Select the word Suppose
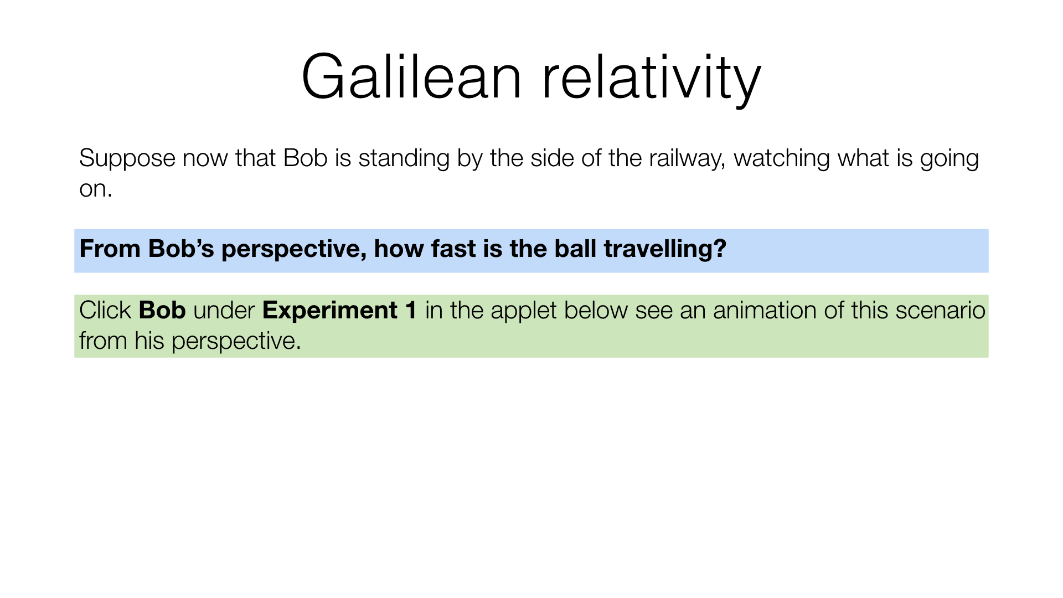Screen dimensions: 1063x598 pyautogui.click(x=127, y=159)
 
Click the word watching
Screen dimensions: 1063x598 pyautogui.click(x=782, y=159)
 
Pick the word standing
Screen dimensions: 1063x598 pyautogui.click(x=404, y=159)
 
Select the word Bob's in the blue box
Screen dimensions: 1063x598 pyautogui.click(x=181, y=249)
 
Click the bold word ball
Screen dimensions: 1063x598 pyautogui.click(x=575, y=249)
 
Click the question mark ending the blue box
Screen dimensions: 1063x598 pyautogui.click(x=720, y=249)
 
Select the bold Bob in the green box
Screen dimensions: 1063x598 pyautogui.click(x=162, y=310)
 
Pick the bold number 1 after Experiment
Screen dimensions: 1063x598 pyautogui.click(x=411, y=310)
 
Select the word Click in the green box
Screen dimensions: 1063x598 pyautogui.click(x=105, y=310)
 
